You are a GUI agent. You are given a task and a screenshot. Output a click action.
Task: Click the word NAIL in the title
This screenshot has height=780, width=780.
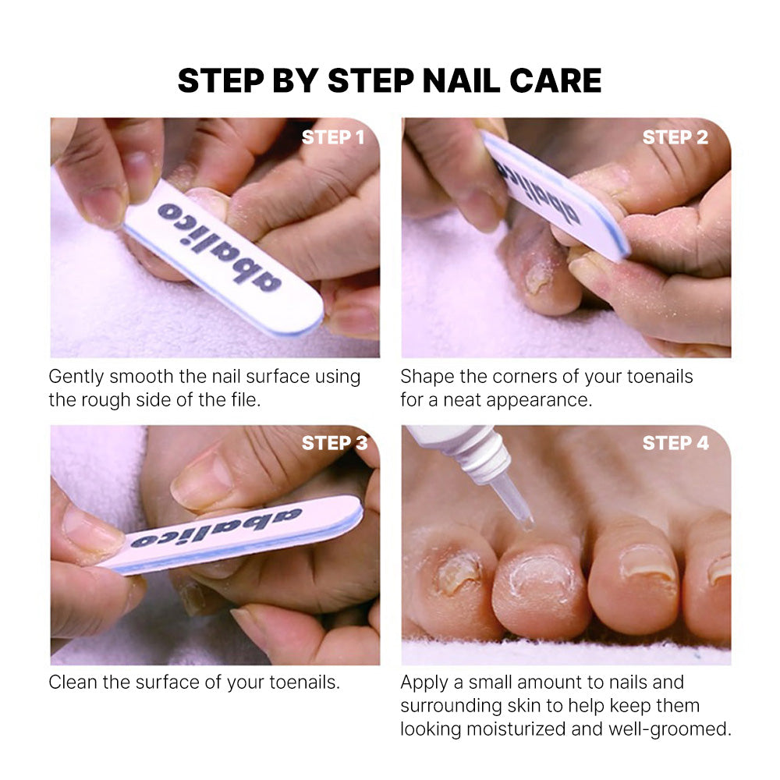pyautogui.click(x=461, y=80)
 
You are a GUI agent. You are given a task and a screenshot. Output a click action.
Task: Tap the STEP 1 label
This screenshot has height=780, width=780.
pyautogui.click(x=333, y=137)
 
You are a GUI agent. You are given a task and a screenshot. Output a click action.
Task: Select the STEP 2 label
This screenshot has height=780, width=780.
pyautogui.click(x=675, y=137)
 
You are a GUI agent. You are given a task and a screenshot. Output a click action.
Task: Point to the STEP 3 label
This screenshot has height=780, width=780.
pyautogui.click(x=335, y=443)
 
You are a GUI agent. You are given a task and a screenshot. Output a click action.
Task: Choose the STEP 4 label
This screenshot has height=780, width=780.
pyautogui.click(x=675, y=443)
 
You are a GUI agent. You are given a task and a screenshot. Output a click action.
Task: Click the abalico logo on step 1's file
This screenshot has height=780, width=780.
pyautogui.click(x=219, y=246)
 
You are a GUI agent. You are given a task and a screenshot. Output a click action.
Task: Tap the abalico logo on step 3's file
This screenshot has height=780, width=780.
pyautogui.click(x=216, y=528)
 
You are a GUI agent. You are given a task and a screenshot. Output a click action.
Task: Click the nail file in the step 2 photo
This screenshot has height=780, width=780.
pyautogui.click(x=555, y=194)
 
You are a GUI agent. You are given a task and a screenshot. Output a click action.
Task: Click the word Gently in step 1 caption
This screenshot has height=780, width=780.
pyautogui.click(x=76, y=377)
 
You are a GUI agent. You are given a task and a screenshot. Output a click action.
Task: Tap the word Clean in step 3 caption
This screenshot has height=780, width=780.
pyautogui.click(x=73, y=682)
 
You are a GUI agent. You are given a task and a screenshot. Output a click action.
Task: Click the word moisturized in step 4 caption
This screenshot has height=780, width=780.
pyautogui.click(x=516, y=729)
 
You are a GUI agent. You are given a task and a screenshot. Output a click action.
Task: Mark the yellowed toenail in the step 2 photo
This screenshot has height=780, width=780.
pyautogui.click(x=538, y=277)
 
